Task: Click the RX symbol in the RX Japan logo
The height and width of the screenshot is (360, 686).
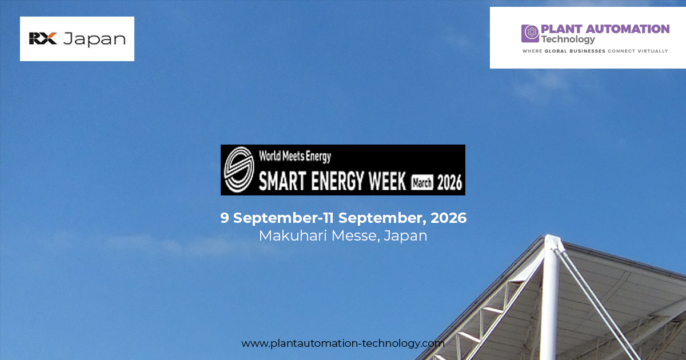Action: point(43,39)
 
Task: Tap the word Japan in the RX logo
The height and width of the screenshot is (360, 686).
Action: point(94,39)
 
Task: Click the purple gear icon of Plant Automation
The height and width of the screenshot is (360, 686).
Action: point(530,33)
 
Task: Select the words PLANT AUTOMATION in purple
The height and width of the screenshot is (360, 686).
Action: point(605,29)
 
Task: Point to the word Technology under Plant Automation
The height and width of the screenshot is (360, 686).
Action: point(568,39)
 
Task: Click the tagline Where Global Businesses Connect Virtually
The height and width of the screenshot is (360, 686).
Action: point(595,51)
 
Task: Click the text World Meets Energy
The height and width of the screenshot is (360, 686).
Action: point(295,155)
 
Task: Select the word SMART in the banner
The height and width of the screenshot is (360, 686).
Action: point(284,182)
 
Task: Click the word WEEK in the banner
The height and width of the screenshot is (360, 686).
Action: point(388,182)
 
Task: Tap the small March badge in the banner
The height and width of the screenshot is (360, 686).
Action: point(422,183)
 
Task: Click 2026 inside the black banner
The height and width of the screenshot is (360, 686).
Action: point(449,183)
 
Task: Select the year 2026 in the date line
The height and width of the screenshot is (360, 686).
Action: point(449,218)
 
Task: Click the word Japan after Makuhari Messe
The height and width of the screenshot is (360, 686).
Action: point(405,235)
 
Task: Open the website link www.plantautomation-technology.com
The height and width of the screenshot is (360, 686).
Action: point(343,343)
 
